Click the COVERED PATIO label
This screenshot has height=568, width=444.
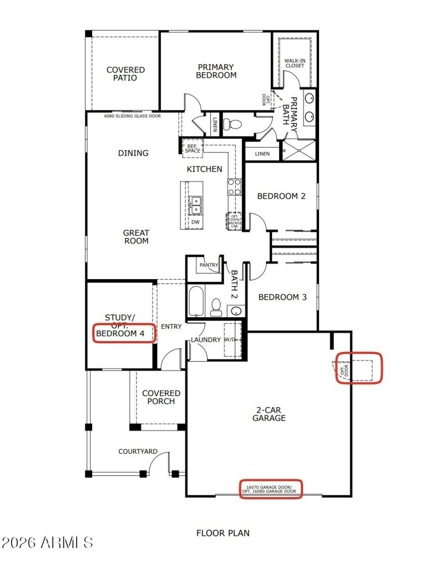tap(125, 74)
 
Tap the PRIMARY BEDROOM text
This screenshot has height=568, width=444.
tap(216, 71)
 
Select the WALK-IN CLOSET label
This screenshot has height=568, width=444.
tap(295, 63)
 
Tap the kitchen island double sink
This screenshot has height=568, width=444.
tap(195, 205)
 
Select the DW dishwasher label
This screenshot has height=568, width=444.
tap(195, 222)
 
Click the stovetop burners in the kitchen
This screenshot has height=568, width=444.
tap(234, 186)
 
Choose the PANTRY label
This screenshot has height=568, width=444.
tap(209, 265)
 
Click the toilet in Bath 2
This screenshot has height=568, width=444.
tap(216, 306)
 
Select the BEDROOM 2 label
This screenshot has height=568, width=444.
tap(281, 196)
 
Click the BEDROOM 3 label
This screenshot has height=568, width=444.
tap(282, 297)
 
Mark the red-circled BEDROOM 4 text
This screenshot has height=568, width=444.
tap(124, 333)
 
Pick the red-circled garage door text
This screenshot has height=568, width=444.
tap(271, 489)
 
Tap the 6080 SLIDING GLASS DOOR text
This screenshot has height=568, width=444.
tap(133, 116)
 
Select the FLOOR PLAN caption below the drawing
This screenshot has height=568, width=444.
tap(223, 533)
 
